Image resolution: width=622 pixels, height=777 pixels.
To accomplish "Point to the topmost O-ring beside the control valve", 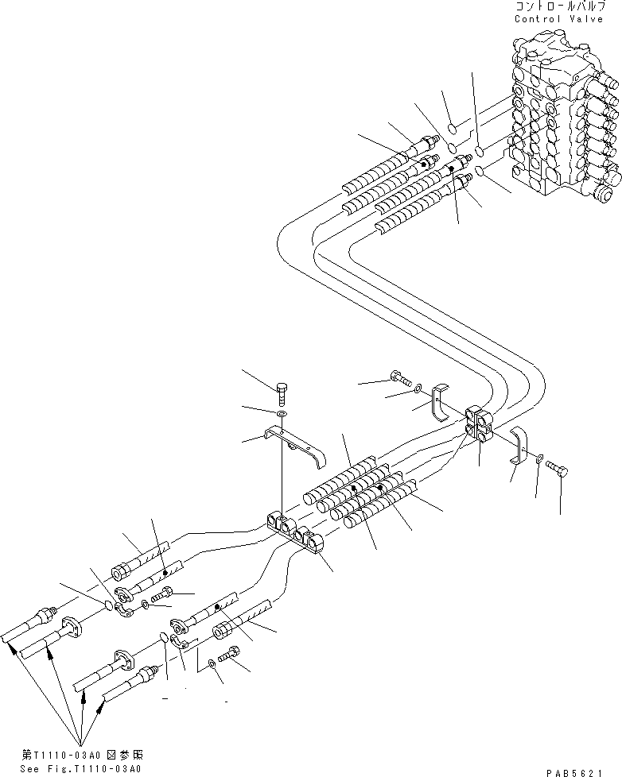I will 452,128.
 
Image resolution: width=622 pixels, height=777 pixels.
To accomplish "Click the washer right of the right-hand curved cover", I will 538,457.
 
